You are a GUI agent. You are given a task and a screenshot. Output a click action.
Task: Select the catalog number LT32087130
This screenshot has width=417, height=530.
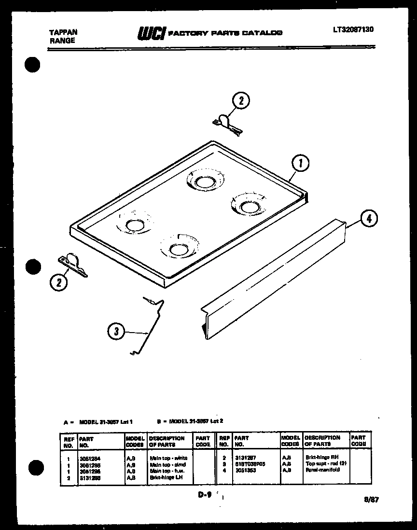coord(353,30)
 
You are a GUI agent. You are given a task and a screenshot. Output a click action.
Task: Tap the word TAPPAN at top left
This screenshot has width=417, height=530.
coord(63,32)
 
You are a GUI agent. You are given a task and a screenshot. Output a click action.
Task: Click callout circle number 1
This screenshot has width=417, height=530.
coord(300,164)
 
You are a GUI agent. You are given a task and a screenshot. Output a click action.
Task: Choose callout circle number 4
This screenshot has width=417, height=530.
coord(369,219)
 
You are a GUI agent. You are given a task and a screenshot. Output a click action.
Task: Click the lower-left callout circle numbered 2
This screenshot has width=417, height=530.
coord(59,282)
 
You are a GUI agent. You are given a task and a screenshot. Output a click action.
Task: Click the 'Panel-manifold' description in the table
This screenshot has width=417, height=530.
coord(322,469)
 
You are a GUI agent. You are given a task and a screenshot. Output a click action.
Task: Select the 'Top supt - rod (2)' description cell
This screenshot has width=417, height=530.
coord(326,463)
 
